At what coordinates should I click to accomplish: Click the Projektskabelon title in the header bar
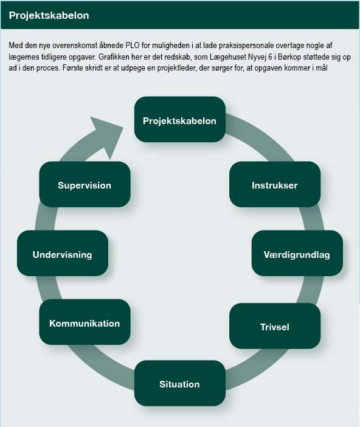[x=49, y=15]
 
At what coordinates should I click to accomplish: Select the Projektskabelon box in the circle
[x=180, y=119]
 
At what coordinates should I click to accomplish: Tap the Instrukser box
[x=275, y=184]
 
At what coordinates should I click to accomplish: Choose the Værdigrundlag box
[x=297, y=253]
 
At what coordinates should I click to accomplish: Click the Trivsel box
[x=275, y=326]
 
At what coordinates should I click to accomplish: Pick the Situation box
[x=180, y=383]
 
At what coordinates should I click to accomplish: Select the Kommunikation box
[x=85, y=322]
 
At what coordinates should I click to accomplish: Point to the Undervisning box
[x=63, y=253]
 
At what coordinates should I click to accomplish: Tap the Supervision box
[x=85, y=184]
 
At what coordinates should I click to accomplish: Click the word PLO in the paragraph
[x=133, y=45]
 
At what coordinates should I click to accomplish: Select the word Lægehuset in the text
[x=227, y=57]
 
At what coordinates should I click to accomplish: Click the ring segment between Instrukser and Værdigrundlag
[x=313, y=219]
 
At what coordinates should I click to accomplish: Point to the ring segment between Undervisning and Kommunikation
[x=46, y=288]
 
